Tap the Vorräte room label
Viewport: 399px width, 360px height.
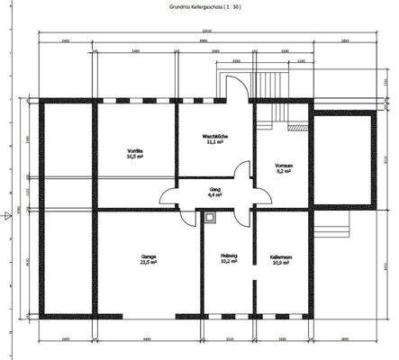click(x=136, y=149)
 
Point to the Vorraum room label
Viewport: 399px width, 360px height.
click(x=284, y=165)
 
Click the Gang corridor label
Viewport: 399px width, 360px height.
click(x=216, y=189)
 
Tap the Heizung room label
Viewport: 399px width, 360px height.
click(x=228, y=256)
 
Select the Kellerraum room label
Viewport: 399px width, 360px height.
click(x=281, y=256)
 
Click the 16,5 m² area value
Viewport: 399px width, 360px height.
click(x=136, y=156)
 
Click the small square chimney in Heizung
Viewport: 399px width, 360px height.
click(x=210, y=216)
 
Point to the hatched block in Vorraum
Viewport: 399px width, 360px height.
click(x=295, y=128)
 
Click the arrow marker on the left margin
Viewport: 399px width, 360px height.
click(x=7, y=190)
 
